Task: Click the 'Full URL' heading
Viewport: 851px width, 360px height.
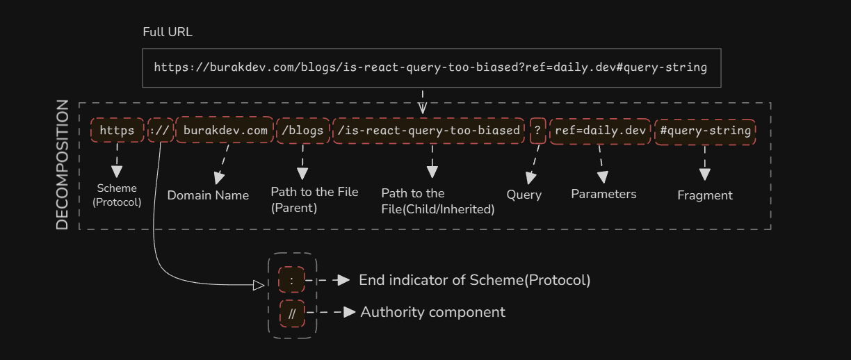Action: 168,32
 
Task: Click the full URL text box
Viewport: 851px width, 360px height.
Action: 430,68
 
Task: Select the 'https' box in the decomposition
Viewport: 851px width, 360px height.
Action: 117,130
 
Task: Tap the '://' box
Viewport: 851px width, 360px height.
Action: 160,130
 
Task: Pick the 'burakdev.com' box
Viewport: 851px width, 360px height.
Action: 225,130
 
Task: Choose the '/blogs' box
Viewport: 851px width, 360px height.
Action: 302,130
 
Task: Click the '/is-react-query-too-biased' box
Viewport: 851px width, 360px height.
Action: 428,130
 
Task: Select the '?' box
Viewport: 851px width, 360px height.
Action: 537,130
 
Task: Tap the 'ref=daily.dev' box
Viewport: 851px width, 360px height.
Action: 601,130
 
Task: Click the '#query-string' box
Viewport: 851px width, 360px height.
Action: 705,130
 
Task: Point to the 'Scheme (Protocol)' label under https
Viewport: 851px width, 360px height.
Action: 117,195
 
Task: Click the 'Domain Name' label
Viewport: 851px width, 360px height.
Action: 208,195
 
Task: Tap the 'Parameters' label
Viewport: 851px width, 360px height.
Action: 603,194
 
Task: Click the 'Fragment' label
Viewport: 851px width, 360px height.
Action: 705,195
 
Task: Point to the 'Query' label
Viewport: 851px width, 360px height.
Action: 524,195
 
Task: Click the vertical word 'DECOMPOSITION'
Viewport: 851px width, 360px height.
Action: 63,165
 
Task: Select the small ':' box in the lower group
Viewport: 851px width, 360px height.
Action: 291,280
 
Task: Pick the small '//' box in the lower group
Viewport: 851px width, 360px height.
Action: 292,313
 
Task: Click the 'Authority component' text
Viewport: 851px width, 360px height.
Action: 432,312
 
